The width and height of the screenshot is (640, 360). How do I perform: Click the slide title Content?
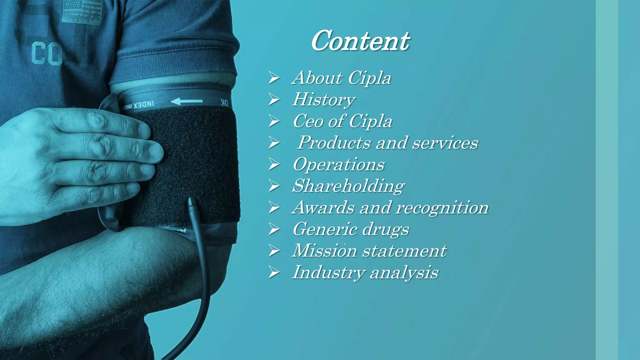360,41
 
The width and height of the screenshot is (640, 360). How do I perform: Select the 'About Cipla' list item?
342,78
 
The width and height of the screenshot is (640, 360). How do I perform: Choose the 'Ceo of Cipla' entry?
342,121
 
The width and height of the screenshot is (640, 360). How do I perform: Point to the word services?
445,143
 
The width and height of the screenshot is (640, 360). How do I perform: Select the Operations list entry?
339,164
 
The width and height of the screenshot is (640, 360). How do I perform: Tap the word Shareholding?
348,186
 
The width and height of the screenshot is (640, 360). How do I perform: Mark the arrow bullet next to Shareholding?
274,186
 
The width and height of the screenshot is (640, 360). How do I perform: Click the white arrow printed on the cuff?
187,101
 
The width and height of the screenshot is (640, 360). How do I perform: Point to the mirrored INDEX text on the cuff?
144,105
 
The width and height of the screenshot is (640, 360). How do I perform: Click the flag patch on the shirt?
82,12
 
